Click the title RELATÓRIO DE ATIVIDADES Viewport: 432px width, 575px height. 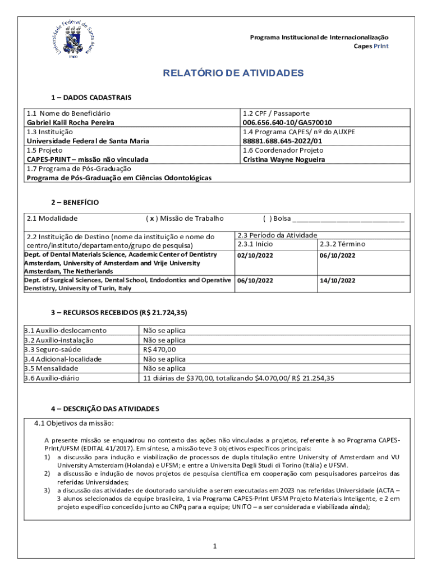(233, 74)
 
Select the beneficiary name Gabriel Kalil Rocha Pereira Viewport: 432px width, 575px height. (71, 122)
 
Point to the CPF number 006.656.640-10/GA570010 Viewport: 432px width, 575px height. (287, 122)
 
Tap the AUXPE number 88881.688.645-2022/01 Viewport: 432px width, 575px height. (282, 141)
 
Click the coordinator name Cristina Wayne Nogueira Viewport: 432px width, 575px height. (284, 159)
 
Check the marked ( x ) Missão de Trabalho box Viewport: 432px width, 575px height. (151, 218)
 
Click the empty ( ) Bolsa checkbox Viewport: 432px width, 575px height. (268, 218)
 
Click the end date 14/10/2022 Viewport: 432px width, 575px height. (337, 280)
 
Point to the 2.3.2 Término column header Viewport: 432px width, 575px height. (342, 244)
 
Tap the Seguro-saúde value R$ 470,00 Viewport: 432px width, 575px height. (160, 350)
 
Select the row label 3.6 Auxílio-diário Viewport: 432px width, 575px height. (52, 378)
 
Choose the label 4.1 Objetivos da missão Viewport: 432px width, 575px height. (75, 423)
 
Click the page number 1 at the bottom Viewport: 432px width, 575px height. (215, 546)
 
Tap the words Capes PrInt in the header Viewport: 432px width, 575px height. (370, 46)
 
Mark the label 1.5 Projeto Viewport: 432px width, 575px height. (45, 150)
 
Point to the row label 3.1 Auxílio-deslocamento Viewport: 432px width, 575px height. (65, 331)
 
